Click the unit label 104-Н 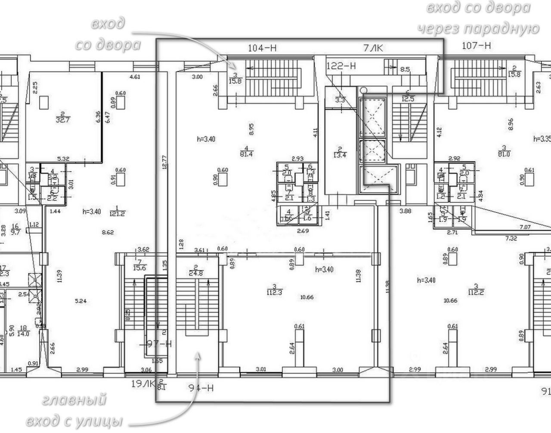(262, 48)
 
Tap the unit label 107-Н (476, 45)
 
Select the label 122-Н (341, 66)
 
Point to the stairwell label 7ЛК (372, 48)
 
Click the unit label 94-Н (201, 388)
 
